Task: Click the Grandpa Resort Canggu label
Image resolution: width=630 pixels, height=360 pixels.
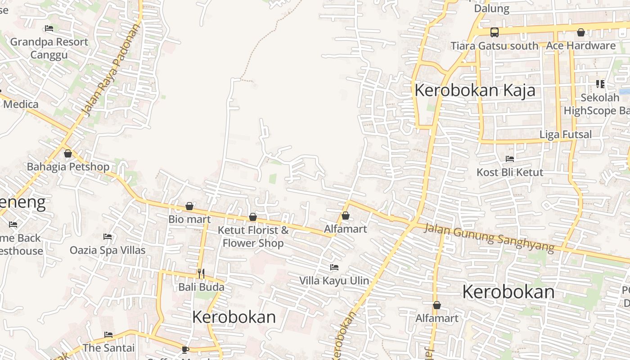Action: (x=49, y=48)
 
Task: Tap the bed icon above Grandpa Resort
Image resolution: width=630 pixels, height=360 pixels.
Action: (x=49, y=28)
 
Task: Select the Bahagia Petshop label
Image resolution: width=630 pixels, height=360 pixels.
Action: (x=68, y=167)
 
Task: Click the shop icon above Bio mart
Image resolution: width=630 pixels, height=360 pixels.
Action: (x=189, y=206)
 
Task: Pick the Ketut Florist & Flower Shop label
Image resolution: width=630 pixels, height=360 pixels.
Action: (x=253, y=237)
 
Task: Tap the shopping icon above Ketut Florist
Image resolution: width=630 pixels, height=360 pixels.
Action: (x=253, y=217)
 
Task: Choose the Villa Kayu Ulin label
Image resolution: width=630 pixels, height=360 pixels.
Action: (x=334, y=281)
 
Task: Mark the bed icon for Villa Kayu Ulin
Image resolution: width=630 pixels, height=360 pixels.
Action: (x=334, y=267)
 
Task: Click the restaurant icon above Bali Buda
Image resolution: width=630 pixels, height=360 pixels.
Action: (x=201, y=273)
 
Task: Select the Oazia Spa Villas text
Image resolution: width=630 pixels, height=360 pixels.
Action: (x=108, y=250)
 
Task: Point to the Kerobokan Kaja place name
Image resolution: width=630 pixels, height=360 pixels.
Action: (x=475, y=90)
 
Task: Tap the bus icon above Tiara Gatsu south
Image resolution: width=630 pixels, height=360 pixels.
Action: (x=494, y=32)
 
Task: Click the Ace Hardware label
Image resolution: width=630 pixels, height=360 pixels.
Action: (x=580, y=45)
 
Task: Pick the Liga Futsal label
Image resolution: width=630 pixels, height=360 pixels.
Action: (x=566, y=134)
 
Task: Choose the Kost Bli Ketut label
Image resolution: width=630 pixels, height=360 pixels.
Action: (x=510, y=172)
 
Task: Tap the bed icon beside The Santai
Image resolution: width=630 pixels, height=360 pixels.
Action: (x=108, y=335)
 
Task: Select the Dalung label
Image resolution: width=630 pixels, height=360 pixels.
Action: (x=492, y=9)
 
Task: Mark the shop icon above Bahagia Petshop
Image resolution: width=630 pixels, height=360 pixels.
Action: (x=68, y=154)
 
